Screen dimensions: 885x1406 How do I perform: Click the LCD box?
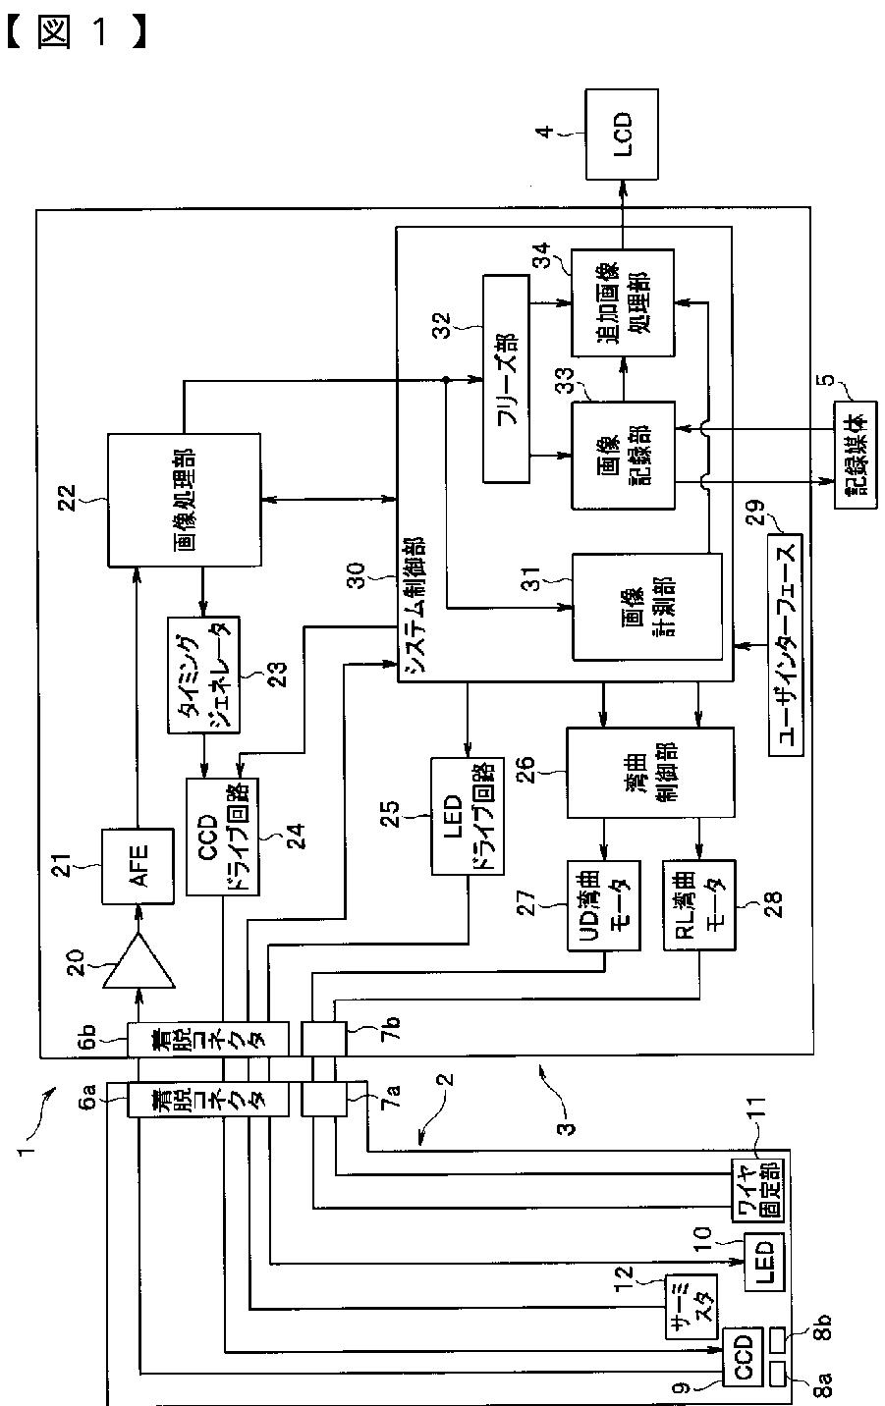(x=621, y=134)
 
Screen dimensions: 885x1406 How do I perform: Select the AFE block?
(x=138, y=866)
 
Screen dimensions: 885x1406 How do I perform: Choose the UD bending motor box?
(x=603, y=905)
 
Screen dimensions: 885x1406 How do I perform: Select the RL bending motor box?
(x=699, y=905)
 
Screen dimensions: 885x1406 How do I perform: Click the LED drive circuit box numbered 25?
(x=468, y=816)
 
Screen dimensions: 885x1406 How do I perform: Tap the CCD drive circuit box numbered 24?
(x=222, y=837)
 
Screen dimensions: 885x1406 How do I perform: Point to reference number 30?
(x=357, y=575)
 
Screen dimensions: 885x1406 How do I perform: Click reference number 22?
(x=67, y=498)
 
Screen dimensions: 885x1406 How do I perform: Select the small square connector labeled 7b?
(x=323, y=1038)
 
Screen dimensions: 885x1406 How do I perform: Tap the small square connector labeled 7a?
(x=323, y=1099)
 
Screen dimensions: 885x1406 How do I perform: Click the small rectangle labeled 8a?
(x=777, y=1375)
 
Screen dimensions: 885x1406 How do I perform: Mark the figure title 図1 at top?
(x=78, y=32)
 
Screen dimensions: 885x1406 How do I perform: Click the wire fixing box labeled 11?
(x=758, y=1191)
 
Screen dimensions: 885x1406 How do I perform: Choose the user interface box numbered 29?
(x=785, y=644)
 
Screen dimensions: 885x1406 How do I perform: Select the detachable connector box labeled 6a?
(x=208, y=1099)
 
